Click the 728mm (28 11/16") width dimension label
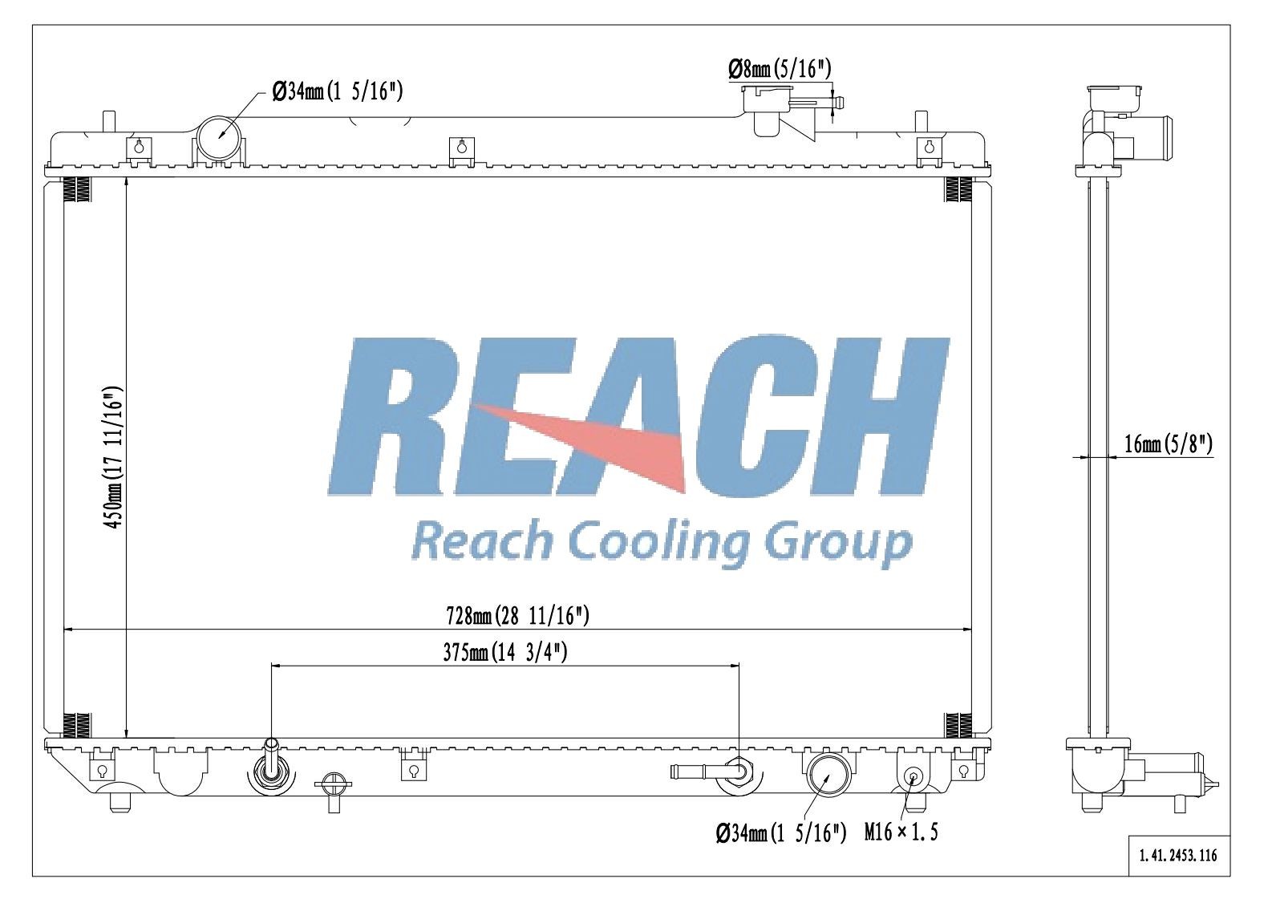click(x=517, y=616)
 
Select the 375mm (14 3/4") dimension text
click(x=504, y=653)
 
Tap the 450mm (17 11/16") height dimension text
click(x=113, y=458)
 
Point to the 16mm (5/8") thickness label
click(x=1169, y=443)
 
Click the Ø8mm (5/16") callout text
click(x=780, y=69)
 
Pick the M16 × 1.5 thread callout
click(x=901, y=832)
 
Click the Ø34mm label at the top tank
click(x=338, y=91)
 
